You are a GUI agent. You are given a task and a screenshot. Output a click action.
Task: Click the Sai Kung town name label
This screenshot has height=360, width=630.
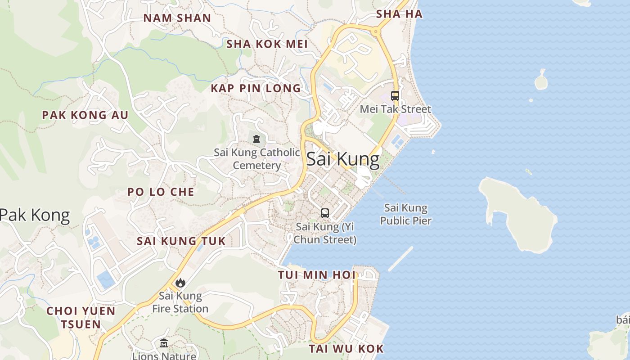point(343,160)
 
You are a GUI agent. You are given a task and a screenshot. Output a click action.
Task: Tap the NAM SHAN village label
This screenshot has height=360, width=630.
point(177,18)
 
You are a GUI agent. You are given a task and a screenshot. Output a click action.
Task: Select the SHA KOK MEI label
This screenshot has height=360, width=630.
point(267,44)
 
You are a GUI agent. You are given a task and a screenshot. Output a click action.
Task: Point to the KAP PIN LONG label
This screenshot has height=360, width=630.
point(256,88)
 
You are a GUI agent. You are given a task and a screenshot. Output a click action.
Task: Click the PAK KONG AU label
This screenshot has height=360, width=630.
point(85,115)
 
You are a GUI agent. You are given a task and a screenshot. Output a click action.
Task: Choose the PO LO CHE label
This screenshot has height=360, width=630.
point(161,192)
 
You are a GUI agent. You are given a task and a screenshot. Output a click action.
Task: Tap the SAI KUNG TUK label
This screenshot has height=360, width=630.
point(181,241)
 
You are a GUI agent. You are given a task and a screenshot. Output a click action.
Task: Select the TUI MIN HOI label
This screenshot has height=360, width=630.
point(316,274)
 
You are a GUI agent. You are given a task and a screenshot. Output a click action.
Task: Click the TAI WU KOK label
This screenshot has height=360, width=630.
point(346,348)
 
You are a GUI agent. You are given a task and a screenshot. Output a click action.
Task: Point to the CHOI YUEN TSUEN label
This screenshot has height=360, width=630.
point(81,317)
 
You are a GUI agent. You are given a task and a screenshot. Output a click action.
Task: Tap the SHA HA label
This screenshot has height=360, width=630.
point(399,14)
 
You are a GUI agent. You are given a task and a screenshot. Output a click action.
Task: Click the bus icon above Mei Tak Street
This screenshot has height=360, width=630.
point(395,96)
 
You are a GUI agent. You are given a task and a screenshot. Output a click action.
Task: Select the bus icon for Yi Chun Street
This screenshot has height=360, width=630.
point(325,213)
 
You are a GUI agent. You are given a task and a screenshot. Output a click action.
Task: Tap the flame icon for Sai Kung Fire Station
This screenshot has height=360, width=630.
point(180,283)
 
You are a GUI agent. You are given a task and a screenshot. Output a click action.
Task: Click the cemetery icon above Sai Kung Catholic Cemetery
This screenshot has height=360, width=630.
point(256,139)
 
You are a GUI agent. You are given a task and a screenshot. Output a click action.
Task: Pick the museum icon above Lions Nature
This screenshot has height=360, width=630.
point(164,343)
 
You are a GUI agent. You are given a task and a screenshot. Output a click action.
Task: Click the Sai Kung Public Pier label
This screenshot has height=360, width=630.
point(406,214)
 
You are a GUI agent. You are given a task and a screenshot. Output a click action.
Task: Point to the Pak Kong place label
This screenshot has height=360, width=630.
point(35,216)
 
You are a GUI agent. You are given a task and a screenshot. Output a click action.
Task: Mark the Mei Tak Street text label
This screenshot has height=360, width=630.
point(396,109)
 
